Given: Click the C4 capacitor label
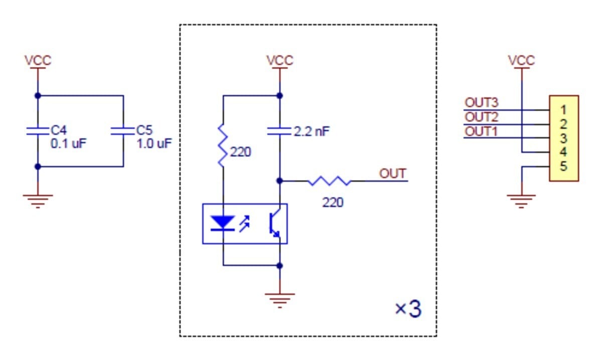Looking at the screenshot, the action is coord(59,130).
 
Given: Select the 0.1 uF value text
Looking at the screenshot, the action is coord(68,144).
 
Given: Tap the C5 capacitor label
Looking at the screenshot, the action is coord(144,130).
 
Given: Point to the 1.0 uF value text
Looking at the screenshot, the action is coord(154,144).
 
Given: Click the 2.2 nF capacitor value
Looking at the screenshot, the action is coord(312,131).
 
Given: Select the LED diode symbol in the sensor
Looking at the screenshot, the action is coord(223,224).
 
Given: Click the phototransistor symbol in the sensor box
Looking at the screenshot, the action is coord(275,224).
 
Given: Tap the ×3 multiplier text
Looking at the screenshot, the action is coord(408,309).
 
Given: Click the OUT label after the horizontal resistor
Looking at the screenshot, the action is coord(392,174).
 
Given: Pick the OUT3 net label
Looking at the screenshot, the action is coord(481,103).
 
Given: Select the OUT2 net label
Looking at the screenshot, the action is coord(481,117).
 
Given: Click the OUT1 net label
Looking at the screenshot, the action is coord(481,131).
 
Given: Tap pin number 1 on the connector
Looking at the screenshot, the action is coord(563,110).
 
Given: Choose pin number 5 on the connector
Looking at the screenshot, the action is coord(563,166).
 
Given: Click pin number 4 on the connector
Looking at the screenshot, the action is coord(563,152).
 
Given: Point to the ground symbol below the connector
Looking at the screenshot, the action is coord(521,202).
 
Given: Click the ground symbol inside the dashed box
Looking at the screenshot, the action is coord(280,300).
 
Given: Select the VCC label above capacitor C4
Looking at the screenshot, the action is coord(38,61).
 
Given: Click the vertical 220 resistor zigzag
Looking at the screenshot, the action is coord(223,145).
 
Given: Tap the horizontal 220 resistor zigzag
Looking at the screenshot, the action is coord(329,181).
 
